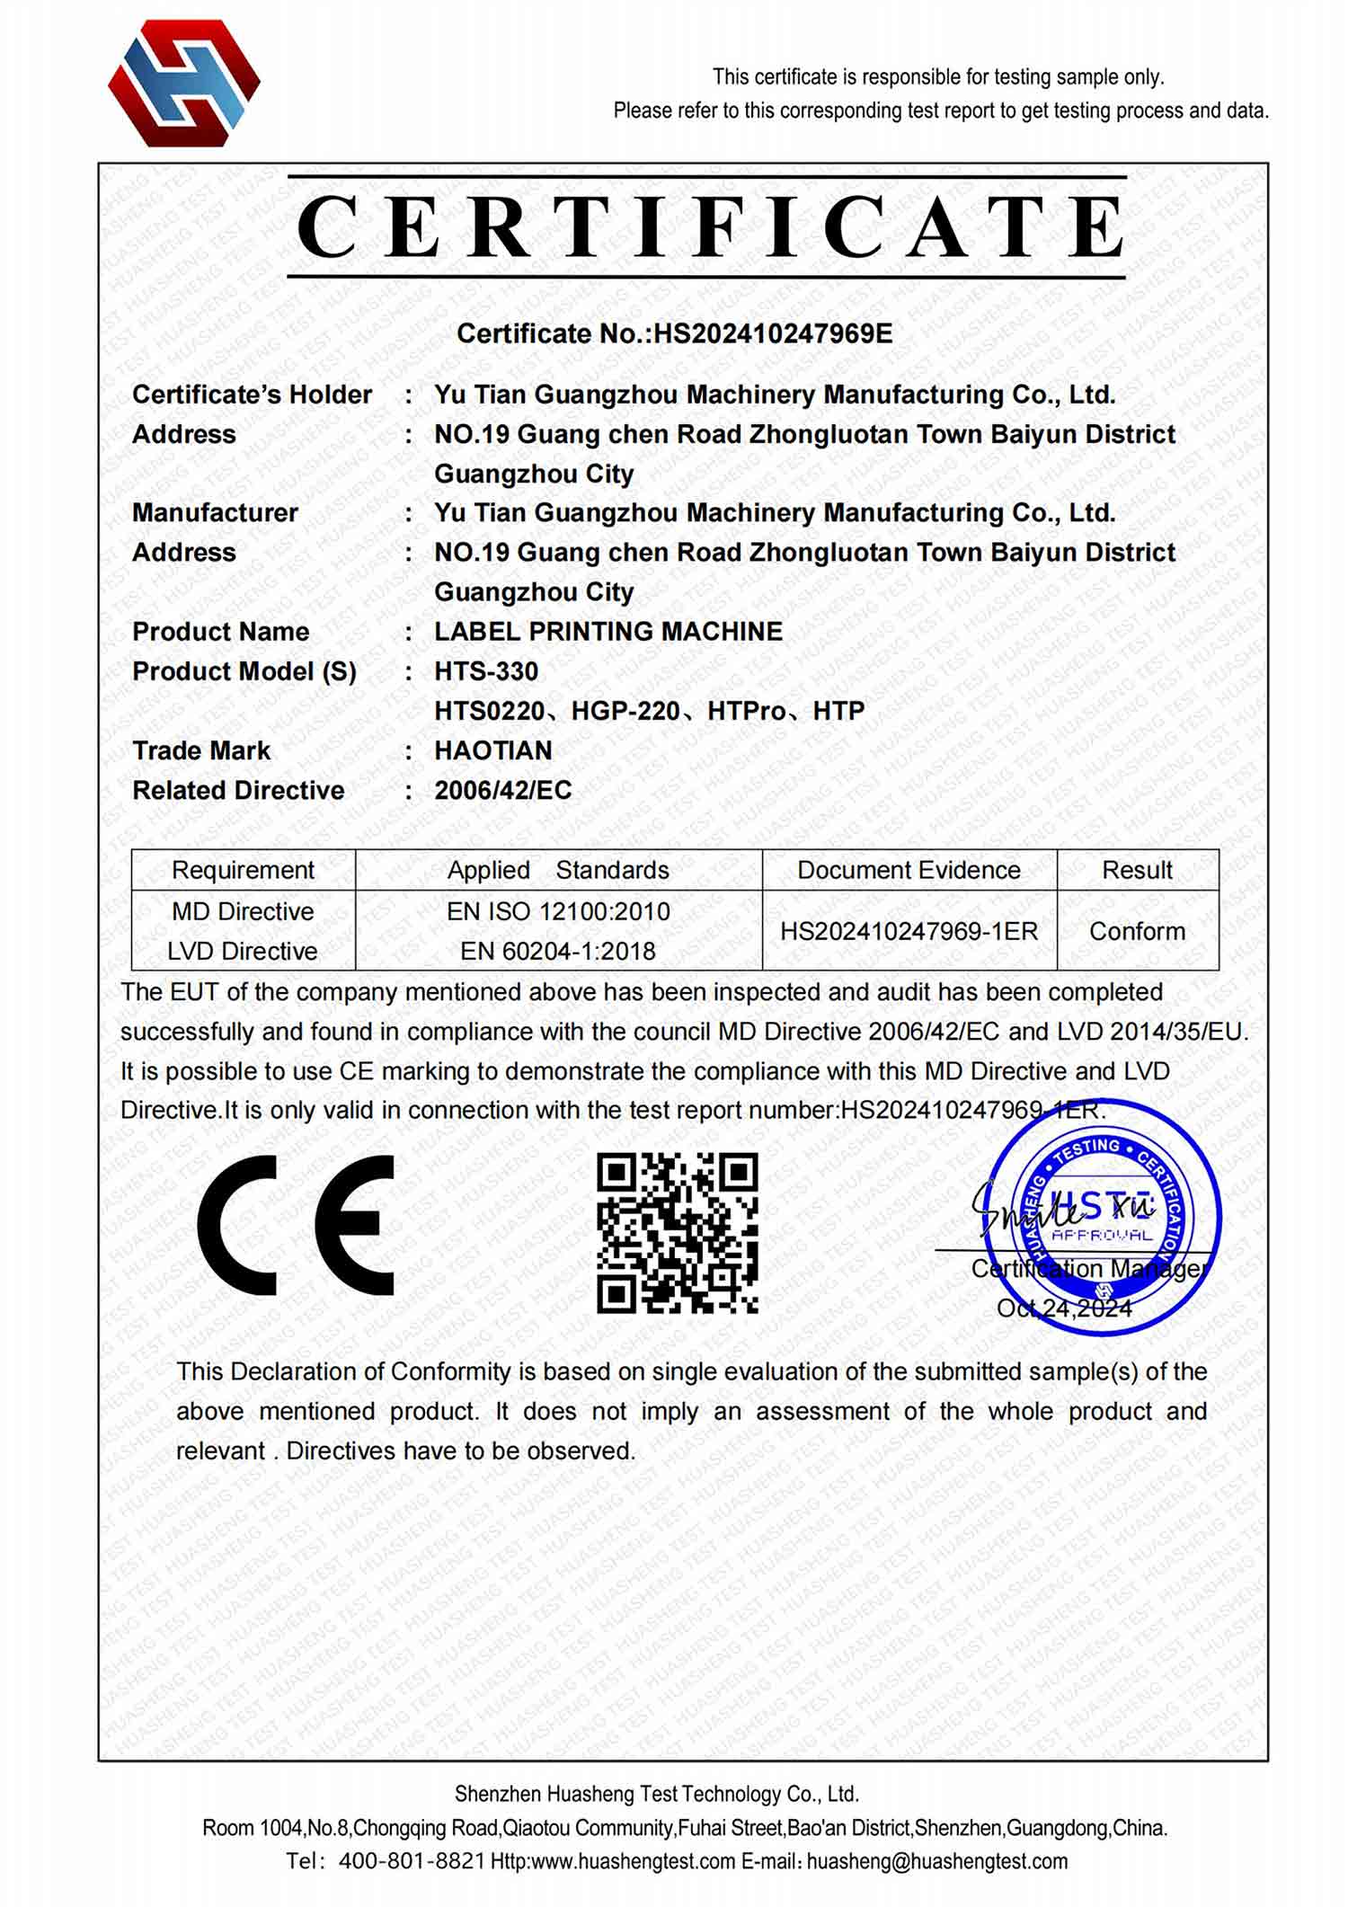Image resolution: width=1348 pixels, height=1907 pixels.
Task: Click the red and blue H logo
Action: (184, 83)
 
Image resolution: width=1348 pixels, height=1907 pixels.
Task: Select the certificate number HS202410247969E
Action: (773, 333)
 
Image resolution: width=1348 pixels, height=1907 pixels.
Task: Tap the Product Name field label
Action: (220, 632)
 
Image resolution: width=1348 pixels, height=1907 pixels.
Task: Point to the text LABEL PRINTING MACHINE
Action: (608, 632)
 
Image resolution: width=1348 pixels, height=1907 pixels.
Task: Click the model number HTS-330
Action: (486, 671)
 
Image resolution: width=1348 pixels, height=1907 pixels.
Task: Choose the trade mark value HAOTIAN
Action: (493, 750)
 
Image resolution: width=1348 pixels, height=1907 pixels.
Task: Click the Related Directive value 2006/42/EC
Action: (503, 790)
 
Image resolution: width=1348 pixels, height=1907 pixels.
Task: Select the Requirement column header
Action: (243, 870)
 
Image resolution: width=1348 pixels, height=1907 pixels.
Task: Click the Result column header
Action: (1137, 870)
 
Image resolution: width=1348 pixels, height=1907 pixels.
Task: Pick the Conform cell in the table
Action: (1137, 931)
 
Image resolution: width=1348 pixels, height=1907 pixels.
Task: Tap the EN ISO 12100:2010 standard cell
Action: (558, 911)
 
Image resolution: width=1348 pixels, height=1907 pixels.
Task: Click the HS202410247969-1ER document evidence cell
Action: (909, 931)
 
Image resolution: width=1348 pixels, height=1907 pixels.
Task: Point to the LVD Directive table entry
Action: (243, 951)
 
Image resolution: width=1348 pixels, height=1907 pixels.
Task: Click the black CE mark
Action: (296, 1225)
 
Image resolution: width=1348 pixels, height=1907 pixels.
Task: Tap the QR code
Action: (678, 1232)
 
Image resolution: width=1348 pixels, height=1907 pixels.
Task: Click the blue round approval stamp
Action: (1104, 1218)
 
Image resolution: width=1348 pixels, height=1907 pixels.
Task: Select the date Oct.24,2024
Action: (1064, 1308)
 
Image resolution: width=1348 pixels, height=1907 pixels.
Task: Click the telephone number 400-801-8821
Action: (412, 1861)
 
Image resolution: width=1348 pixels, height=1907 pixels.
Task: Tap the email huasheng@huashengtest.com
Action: (936, 1861)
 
